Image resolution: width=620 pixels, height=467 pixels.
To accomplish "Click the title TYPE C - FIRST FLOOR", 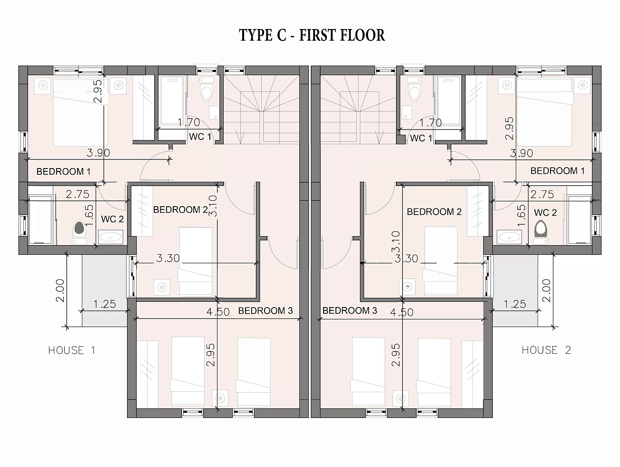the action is [312, 35].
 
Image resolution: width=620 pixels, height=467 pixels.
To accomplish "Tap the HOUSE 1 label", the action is [72, 350].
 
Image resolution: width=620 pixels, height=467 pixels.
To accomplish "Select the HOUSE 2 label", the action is [547, 350].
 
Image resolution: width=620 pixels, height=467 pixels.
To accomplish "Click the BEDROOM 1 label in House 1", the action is [64, 171].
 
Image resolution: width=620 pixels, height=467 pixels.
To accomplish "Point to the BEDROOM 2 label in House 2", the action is [434, 212].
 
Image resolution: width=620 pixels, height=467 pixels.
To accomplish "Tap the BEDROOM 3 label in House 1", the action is [266, 311].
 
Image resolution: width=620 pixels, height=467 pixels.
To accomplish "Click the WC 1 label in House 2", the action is [421, 138].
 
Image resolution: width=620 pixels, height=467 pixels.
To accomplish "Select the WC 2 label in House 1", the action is [112, 219].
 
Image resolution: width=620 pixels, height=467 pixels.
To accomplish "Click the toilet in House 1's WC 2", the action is [79, 229].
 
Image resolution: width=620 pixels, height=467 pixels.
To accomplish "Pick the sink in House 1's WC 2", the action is [110, 237].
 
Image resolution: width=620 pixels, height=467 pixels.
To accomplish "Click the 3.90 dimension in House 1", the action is [98, 153].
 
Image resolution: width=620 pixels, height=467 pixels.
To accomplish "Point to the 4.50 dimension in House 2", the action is [402, 312].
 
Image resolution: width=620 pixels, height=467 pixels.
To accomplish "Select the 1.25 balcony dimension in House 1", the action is [105, 304].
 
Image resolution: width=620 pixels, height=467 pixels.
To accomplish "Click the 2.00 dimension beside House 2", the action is [547, 290].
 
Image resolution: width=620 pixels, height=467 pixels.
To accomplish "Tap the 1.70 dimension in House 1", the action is [189, 123].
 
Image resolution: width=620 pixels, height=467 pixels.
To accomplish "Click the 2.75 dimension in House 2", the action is [542, 195].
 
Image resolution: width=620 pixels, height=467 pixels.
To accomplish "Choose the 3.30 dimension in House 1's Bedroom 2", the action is [168, 258].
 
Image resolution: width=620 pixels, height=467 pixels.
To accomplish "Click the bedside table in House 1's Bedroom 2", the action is [162, 288].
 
